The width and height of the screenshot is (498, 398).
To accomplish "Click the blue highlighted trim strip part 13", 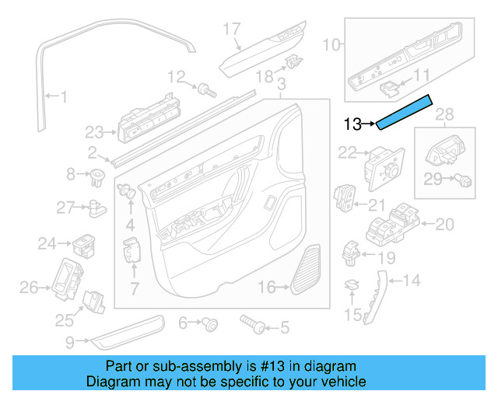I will [x=405, y=112].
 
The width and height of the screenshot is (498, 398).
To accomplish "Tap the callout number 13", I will [x=352, y=124].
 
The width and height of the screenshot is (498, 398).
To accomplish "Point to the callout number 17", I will [x=232, y=30].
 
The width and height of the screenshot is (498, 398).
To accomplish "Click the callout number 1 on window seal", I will [x=63, y=97].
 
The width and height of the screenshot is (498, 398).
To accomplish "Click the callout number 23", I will [x=94, y=131].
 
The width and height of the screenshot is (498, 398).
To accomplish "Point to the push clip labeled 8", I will [x=98, y=174].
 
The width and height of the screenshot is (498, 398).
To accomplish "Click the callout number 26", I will [x=29, y=288].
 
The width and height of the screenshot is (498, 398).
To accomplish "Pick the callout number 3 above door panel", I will [x=281, y=83].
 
